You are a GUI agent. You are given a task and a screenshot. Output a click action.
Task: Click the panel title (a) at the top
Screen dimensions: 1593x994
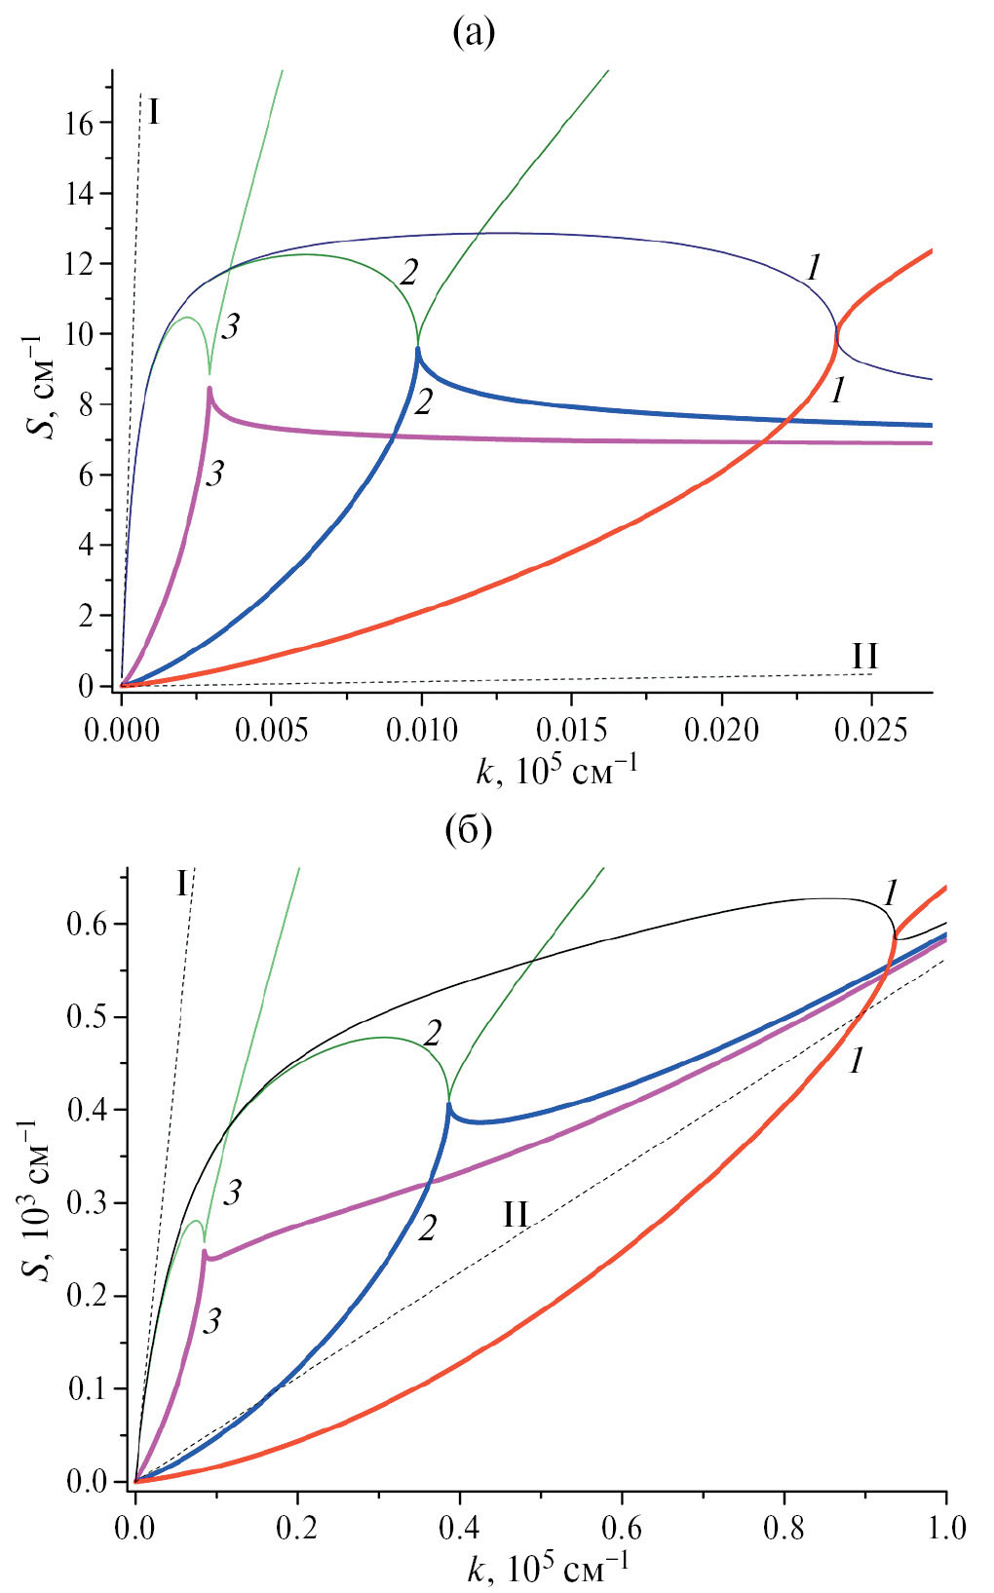[x=474, y=35]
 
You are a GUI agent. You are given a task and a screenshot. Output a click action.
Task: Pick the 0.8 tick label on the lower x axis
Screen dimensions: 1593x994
[x=784, y=1525]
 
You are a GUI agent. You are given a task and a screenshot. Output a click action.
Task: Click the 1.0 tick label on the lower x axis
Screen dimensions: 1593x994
[x=946, y=1525]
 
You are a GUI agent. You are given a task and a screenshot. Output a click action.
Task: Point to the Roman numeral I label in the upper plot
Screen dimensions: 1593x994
[x=154, y=114]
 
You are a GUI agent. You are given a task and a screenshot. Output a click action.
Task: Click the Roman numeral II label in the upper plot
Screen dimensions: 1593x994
[x=864, y=657]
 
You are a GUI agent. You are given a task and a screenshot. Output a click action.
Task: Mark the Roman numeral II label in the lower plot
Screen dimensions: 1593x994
[x=516, y=1214]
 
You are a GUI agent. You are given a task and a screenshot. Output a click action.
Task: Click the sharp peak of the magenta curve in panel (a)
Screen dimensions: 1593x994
[x=209, y=388]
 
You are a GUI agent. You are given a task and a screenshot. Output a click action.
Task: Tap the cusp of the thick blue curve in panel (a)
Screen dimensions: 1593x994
[x=418, y=348]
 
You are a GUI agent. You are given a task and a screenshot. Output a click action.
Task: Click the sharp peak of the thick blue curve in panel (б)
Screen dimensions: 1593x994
[x=448, y=1104]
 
